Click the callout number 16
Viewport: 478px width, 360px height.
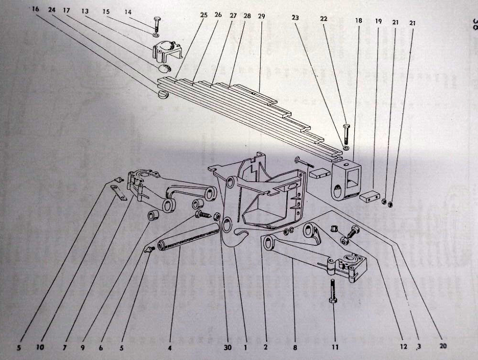36,9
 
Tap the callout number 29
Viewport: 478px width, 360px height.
261,16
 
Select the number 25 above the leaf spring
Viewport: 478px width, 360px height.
204,15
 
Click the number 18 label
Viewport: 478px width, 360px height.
358,21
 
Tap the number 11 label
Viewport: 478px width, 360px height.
335,347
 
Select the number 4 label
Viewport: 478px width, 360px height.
169,348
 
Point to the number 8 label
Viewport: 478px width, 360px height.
295,347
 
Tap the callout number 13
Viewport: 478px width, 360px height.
85,10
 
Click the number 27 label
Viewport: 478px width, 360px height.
233,15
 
